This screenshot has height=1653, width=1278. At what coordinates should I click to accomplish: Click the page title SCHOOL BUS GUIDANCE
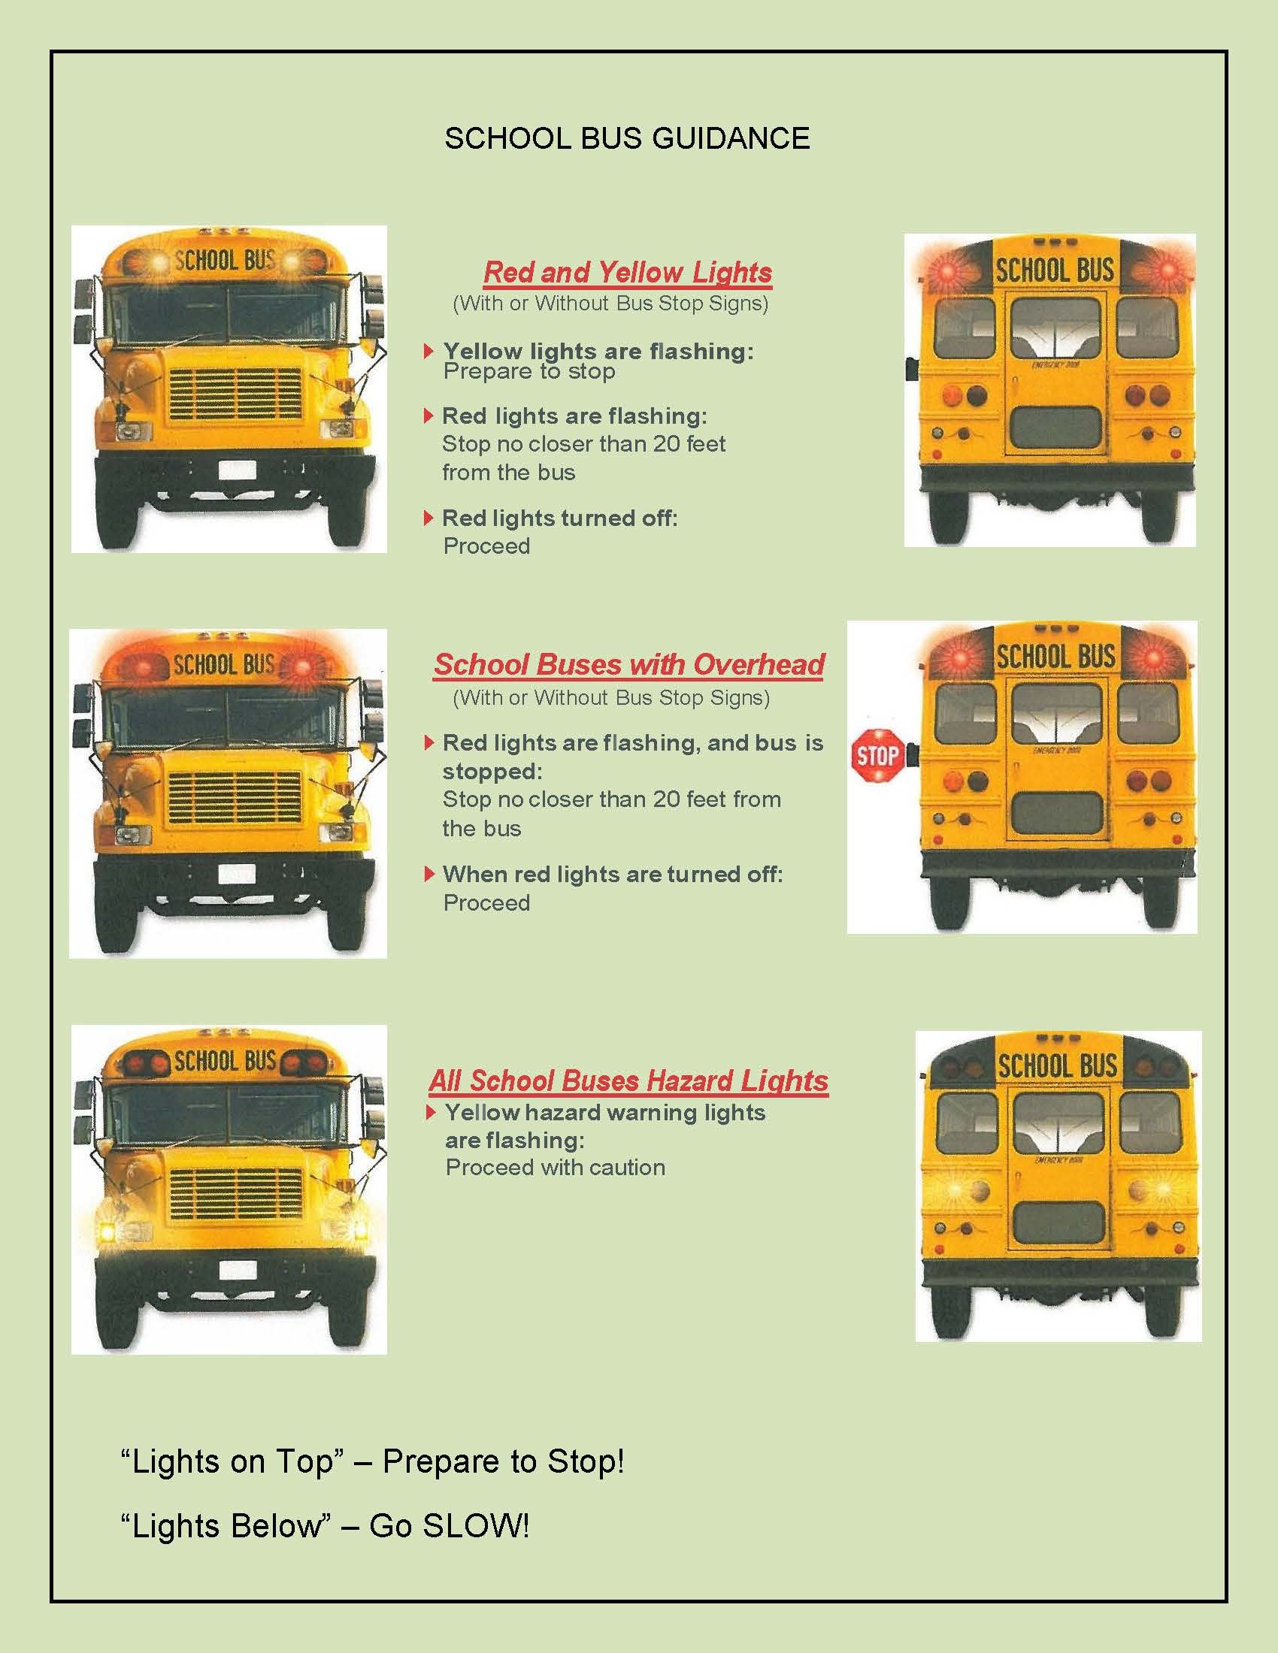coord(627,138)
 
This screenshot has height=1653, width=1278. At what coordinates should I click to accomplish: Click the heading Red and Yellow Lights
coord(628,272)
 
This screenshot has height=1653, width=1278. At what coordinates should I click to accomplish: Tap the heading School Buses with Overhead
coord(628,664)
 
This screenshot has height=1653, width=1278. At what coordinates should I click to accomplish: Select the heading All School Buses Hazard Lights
coord(628,1080)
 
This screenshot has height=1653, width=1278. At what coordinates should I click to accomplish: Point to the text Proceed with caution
coord(556,1167)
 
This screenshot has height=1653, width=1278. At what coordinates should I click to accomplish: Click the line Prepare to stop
coord(529,372)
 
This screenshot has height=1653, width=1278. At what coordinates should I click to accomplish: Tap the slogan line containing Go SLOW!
coord(325,1526)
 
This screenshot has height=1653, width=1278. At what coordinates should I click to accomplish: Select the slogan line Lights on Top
coord(372,1461)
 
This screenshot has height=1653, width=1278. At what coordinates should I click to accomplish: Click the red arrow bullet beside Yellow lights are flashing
coord(429,351)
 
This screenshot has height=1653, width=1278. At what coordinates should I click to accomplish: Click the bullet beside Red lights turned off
coord(429,518)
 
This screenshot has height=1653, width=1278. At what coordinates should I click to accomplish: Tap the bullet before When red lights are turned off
coord(429,874)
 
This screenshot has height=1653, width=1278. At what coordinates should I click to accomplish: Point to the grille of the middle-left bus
coord(235,798)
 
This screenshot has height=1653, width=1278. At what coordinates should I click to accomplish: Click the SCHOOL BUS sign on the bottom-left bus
coord(225,1060)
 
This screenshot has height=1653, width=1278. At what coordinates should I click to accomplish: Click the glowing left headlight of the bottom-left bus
coord(108,1231)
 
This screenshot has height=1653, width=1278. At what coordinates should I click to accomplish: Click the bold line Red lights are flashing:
coord(574,416)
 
